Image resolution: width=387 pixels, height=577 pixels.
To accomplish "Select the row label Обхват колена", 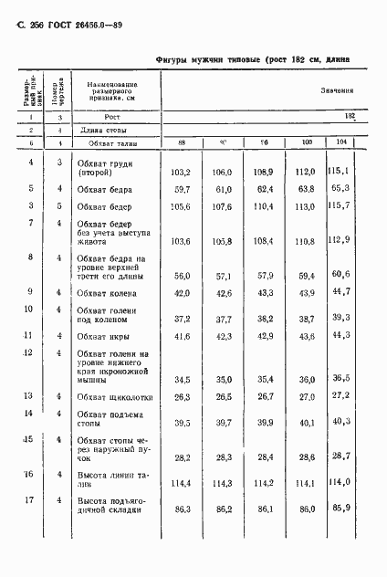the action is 107,293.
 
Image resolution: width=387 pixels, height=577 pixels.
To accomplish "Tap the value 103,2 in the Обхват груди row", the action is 180,172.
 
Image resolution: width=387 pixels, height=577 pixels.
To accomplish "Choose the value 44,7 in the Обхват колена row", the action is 339,292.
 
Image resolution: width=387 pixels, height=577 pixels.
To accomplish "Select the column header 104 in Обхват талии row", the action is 341,142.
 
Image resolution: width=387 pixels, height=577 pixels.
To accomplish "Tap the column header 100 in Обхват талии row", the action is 304,142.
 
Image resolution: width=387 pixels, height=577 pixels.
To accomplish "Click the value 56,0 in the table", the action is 180,274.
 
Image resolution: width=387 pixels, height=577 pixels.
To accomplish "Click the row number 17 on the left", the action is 31,500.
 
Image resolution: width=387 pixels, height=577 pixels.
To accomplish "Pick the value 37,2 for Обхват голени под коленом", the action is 180,319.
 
